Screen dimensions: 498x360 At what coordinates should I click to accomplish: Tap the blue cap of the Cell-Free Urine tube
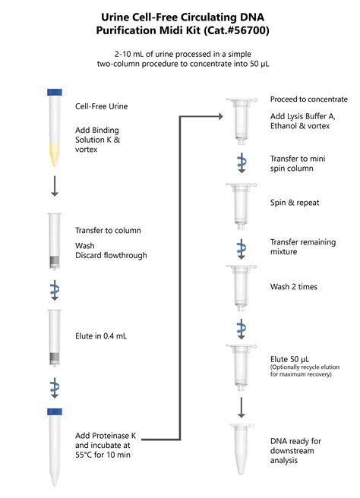(55, 93)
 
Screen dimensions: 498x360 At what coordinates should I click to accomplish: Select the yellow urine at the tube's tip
(55, 156)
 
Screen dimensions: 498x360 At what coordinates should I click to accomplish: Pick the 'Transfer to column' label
(108, 230)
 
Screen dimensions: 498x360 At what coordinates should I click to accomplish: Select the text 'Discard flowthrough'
(111, 255)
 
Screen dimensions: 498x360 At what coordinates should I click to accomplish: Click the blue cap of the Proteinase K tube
(55, 411)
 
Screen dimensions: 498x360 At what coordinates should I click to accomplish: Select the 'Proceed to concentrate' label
(309, 99)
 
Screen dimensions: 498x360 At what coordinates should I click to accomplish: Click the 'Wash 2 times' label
(294, 287)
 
